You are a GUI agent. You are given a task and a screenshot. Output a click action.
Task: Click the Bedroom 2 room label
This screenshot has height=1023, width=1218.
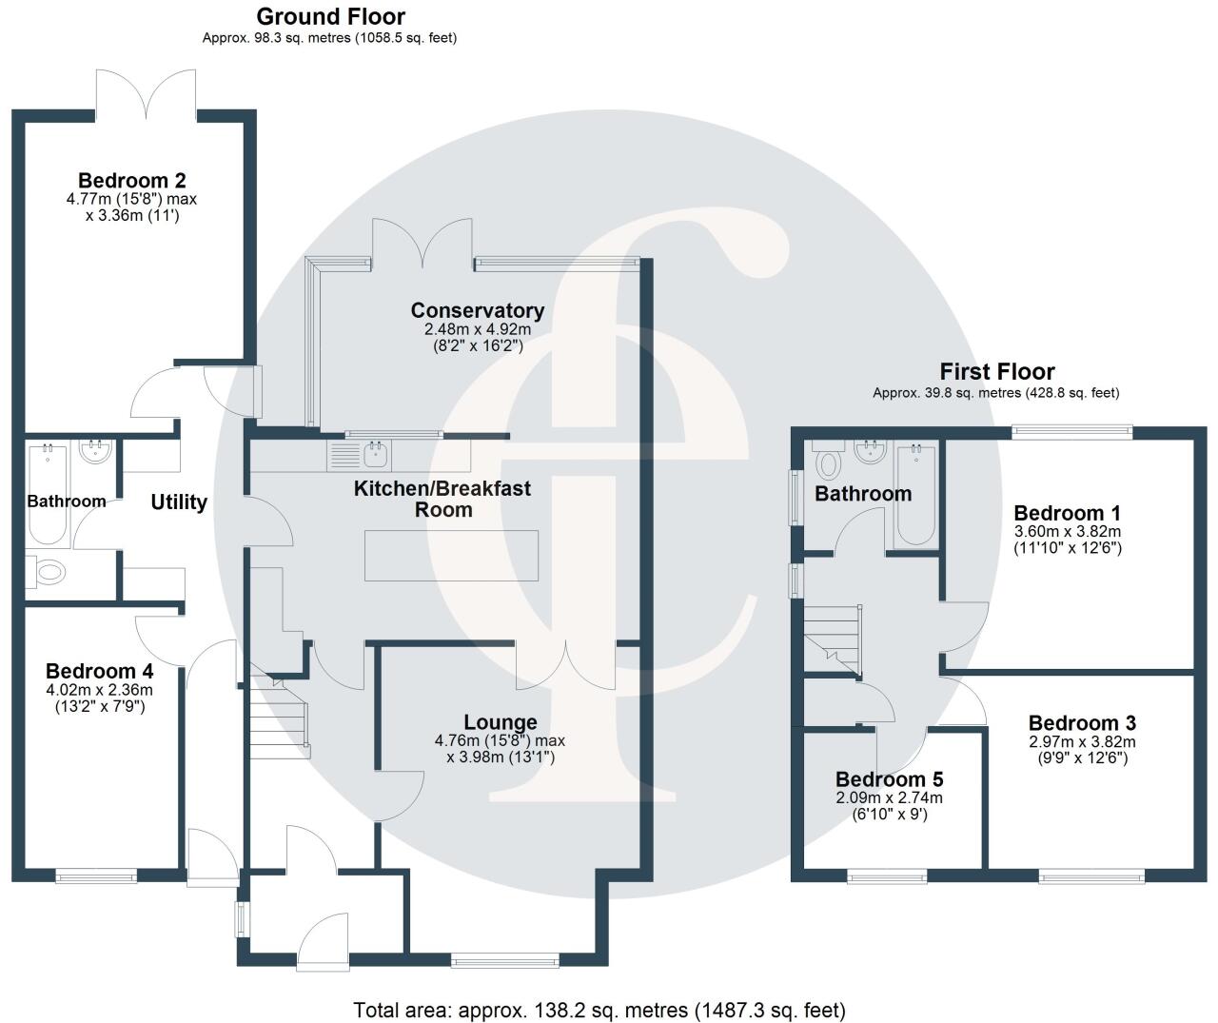coord(131,181)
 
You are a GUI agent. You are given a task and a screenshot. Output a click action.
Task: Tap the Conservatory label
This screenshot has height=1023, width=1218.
coord(477,310)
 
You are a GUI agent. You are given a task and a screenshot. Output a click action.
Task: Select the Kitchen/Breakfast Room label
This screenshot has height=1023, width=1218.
coord(442,499)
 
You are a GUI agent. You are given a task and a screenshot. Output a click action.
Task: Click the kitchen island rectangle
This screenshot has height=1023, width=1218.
coord(451,556)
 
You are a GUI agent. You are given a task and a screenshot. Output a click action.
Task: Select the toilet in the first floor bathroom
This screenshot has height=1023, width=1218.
coord(830,463)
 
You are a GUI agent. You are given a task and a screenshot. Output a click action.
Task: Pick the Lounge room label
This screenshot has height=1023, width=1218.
coord(500,723)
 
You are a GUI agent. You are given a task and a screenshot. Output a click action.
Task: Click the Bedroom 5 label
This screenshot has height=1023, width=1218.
coord(889,780)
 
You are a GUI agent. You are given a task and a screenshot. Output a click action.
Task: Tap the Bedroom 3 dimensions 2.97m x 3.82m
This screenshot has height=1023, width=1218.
coord(1082,742)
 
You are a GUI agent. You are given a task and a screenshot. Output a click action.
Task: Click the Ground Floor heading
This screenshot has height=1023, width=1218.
coord(330,17)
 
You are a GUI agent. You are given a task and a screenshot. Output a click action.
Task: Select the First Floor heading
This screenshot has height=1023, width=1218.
coord(996,372)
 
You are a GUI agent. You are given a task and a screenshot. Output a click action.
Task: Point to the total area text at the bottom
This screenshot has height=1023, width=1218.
coord(599,1010)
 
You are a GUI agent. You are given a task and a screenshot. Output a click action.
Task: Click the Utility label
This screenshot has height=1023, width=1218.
coord(179,502)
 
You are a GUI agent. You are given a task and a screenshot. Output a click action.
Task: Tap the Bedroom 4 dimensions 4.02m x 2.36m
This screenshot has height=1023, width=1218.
coord(99,690)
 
